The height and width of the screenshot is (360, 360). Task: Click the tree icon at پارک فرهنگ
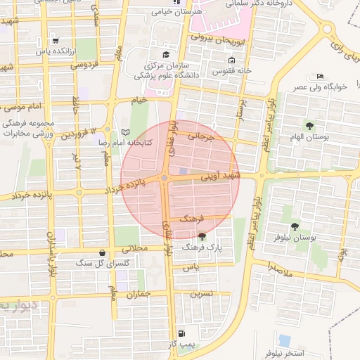[x=202, y=236]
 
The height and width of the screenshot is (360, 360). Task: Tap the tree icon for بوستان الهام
[x=309, y=126]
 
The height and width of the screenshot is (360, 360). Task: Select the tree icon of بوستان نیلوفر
[x=293, y=226]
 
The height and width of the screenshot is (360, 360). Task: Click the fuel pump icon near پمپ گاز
[x=182, y=333]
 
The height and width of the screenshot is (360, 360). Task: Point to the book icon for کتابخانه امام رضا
[x=126, y=132]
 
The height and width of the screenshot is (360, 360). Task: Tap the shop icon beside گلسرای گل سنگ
[x=103, y=252]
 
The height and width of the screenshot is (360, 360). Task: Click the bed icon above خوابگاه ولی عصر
[x=321, y=76]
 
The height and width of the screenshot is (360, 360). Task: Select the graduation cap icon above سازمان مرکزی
[x=166, y=54]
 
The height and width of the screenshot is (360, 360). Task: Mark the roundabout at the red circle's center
[x=164, y=179]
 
